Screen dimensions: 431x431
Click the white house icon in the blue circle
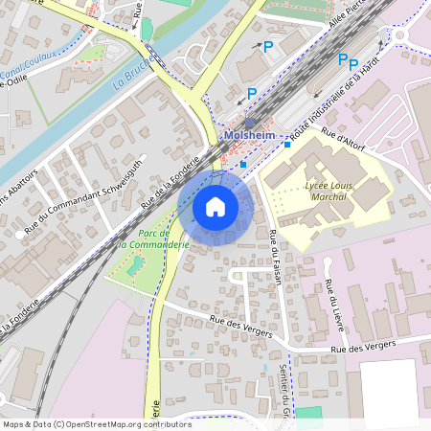click(215, 206)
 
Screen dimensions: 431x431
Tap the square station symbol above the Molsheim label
click(249, 123)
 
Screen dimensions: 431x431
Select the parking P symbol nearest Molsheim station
click(252, 93)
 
